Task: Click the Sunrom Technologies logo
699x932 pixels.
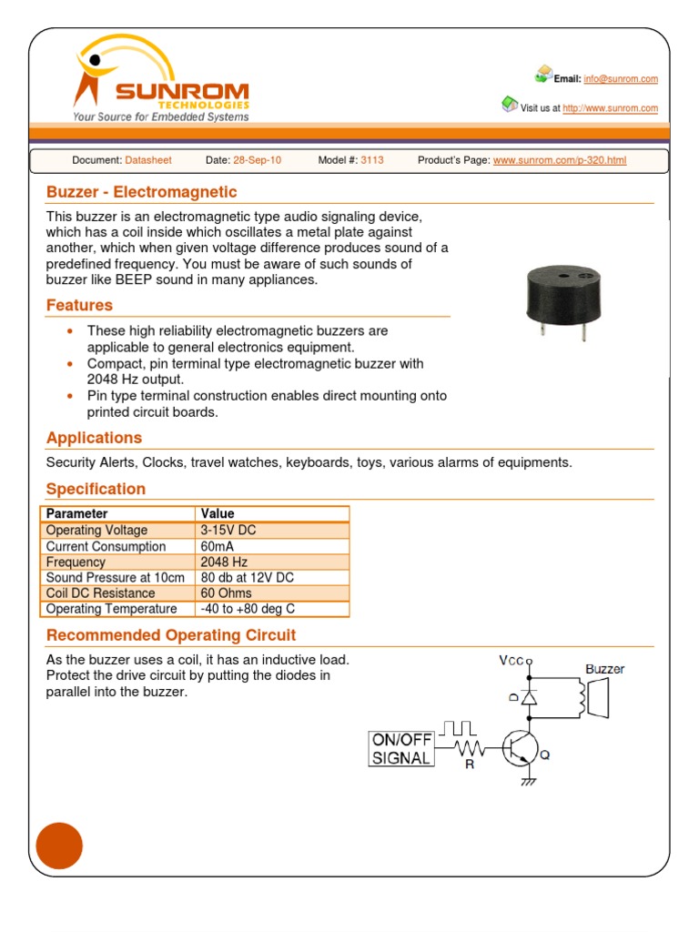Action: point(160,80)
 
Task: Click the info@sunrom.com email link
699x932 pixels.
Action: point(621,79)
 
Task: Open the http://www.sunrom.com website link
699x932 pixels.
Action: point(610,108)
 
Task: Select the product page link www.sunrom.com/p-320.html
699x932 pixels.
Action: point(559,160)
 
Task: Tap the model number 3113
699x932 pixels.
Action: point(372,160)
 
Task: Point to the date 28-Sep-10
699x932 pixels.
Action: point(258,160)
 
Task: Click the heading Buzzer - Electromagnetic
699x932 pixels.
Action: point(141,192)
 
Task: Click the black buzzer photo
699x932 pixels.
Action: point(557,300)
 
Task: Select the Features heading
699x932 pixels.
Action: point(79,306)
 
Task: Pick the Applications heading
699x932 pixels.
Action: point(94,438)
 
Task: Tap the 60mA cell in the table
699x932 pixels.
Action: point(219,546)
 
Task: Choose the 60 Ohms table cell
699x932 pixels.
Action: point(226,593)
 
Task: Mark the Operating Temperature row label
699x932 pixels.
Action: point(111,609)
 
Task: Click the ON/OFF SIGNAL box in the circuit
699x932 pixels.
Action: point(400,749)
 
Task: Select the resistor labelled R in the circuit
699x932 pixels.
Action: point(469,749)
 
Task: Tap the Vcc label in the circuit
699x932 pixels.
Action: point(512,661)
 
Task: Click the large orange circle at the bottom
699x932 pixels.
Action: point(59,846)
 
